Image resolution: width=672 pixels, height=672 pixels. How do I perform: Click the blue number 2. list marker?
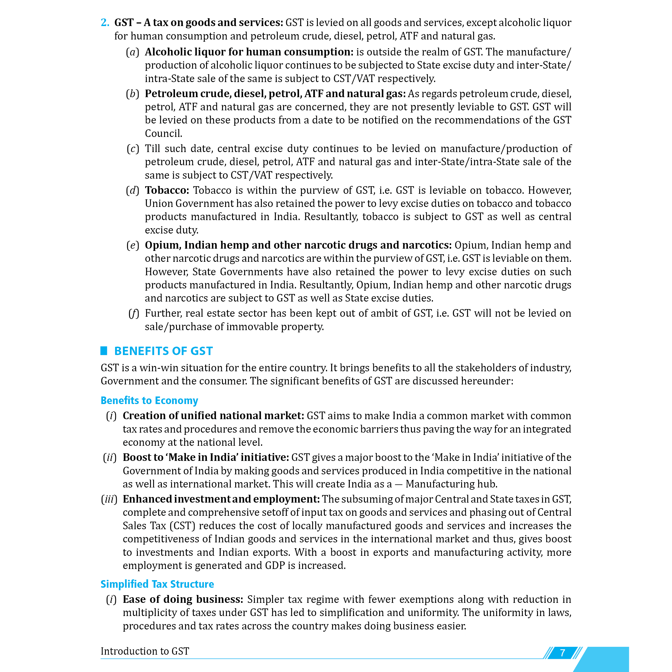(x=105, y=23)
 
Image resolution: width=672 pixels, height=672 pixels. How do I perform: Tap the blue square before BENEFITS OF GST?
(x=104, y=351)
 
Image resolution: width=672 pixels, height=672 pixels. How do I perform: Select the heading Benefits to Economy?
(x=149, y=400)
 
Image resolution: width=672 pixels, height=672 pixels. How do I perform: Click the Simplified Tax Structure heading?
(x=157, y=584)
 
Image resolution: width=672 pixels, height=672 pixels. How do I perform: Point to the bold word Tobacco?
(x=167, y=190)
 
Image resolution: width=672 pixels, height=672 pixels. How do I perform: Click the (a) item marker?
(x=132, y=52)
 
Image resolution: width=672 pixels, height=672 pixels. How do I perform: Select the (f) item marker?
(x=134, y=313)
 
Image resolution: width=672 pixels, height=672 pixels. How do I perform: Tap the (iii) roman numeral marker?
(x=109, y=499)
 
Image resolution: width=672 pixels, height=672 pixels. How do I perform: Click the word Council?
(x=164, y=134)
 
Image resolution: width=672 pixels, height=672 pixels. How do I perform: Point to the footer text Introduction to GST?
(x=145, y=651)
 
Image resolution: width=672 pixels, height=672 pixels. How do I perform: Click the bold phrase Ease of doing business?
(x=183, y=599)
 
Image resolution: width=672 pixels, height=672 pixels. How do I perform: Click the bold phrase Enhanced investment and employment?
(x=221, y=499)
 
